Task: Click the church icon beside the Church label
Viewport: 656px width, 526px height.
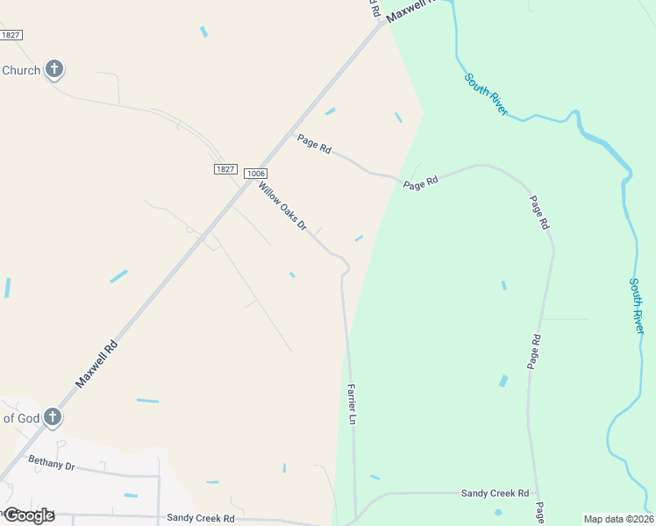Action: point(53,69)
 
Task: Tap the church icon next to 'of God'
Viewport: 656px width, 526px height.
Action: point(53,417)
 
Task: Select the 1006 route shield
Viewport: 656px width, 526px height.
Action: point(254,174)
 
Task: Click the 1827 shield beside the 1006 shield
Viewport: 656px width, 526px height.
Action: point(225,168)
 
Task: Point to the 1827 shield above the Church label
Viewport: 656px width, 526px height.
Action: point(11,34)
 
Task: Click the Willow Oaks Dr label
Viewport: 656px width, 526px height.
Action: point(282,207)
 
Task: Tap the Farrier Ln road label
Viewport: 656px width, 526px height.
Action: point(352,404)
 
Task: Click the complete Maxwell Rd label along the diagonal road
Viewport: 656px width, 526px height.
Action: point(96,358)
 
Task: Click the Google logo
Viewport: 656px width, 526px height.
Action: point(28,515)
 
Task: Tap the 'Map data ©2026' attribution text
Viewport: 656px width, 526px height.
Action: point(618,519)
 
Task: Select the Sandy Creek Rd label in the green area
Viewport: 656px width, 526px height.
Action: point(496,494)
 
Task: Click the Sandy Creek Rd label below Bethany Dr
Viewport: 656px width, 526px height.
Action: point(201,518)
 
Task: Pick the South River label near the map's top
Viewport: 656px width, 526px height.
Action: point(487,94)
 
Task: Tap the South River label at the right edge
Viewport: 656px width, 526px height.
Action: point(638,305)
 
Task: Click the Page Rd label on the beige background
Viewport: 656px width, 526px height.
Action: point(313,144)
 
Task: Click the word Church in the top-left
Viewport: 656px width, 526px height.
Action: point(21,70)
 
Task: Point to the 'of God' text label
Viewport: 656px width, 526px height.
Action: point(20,418)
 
